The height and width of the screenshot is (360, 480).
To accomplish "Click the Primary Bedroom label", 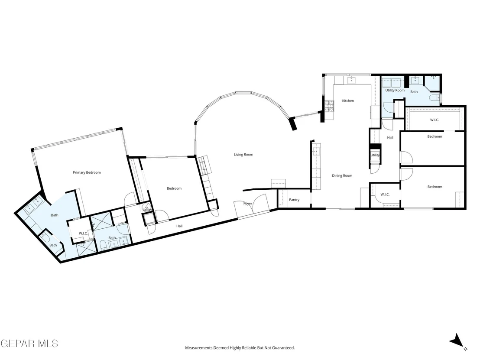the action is [x=87, y=172].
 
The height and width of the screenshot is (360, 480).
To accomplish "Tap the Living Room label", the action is [x=243, y=154].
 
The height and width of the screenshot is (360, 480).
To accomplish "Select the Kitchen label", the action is [x=348, y=101].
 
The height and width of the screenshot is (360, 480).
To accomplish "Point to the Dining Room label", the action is [x=342, y=175].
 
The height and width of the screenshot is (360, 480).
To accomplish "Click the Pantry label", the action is [x=294, y=200].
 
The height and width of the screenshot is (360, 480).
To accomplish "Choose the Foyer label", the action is [x=248, y=203].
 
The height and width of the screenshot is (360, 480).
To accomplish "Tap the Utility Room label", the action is [x=395, y=90].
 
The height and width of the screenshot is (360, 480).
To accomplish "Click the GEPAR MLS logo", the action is [x=29, y=343].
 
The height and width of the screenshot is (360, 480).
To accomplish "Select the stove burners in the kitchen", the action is [x=329, y=106].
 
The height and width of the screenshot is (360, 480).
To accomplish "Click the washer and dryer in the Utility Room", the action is [x=392, y=83].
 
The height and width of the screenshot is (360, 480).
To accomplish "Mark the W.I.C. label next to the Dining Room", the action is [x=385, y=195].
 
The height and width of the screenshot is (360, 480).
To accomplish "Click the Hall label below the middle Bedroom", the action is [x=179, y=226].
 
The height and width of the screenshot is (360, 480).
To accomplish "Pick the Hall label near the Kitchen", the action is [x=390, y=137].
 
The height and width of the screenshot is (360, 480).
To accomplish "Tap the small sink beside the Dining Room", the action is [x=316, y=151].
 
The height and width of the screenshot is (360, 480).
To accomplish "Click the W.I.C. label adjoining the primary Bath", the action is [x=83, y=233].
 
